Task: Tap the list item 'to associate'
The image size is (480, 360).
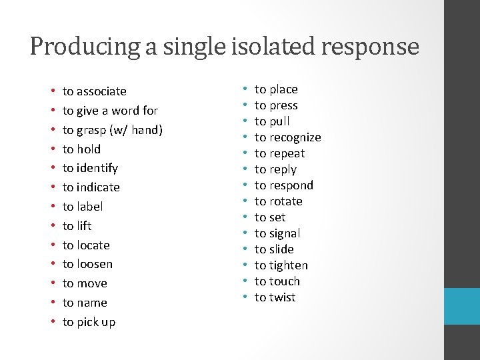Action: click(94, 91)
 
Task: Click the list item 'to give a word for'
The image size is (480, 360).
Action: click(110, 111)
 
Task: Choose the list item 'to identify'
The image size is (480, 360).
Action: click(90, 168)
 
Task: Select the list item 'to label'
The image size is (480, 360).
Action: click(83, 207)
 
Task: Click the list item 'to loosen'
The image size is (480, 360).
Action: click(87, 264)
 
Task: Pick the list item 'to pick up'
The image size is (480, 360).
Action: click(89, 322)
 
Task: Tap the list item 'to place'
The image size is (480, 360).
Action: click(276, 89)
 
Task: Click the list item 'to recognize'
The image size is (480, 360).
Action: click(287, 137)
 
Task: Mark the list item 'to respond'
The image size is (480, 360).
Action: click(283, 185)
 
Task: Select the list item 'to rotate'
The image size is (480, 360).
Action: click(278, 201)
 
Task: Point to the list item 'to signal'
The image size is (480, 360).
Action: click(277, 233)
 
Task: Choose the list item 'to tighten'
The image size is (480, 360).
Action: click(281, 265)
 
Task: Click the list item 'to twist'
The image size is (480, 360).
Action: click(275, 297)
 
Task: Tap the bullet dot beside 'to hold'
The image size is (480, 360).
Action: click(52, 149)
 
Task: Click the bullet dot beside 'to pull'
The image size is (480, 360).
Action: click(245, 121)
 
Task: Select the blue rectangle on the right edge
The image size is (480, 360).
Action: click(462, 307)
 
